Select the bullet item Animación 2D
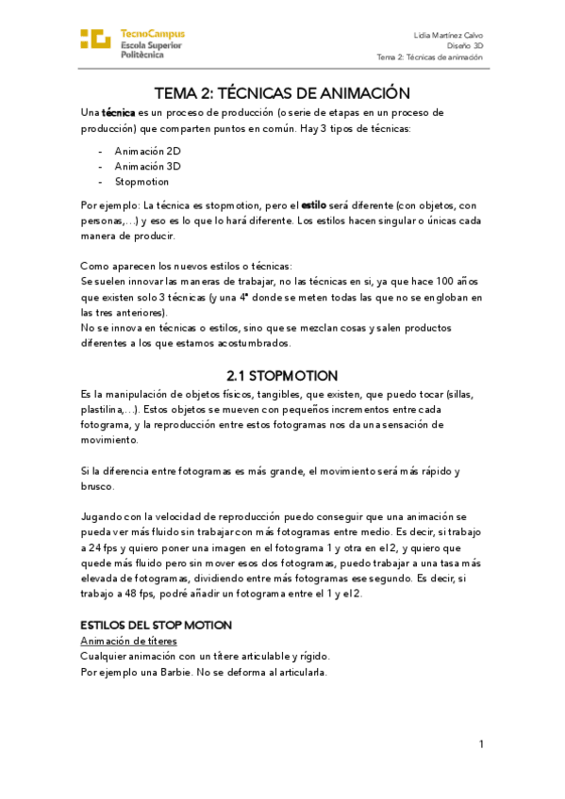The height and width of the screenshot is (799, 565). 147,151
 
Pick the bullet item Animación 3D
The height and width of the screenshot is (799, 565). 147,166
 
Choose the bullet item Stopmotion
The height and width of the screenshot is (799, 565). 141,182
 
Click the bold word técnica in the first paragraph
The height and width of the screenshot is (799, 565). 119,112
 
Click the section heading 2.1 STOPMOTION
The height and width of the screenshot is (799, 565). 282,374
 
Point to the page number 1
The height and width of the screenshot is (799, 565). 481,744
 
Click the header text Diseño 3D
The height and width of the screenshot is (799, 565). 465,45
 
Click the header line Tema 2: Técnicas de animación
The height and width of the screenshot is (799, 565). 429,57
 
